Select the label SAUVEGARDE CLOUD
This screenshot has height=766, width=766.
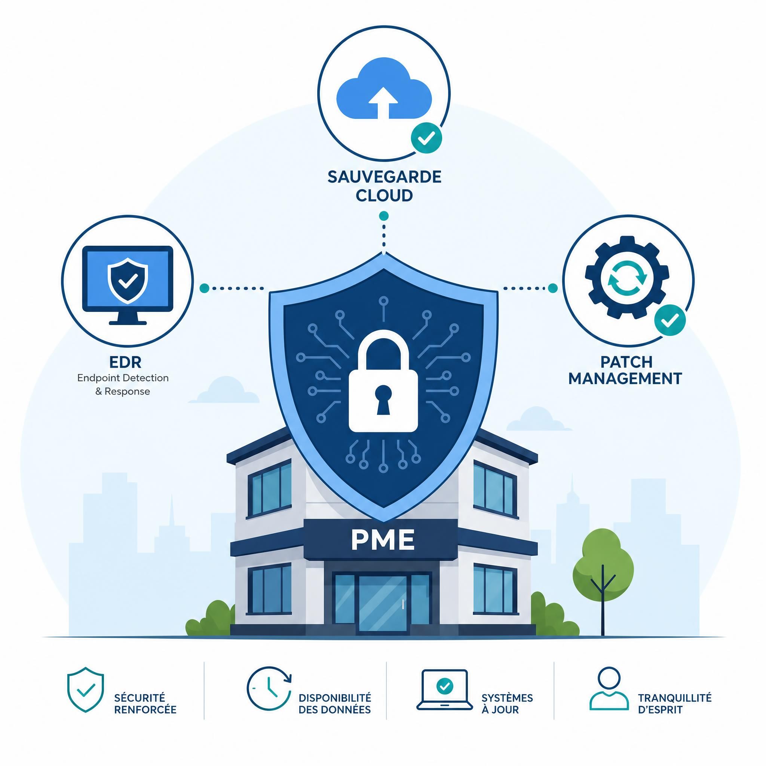(x=384, y=186)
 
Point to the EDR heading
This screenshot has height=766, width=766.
(x=125, y=362)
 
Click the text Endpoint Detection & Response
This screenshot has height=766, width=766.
(x=123, y=384)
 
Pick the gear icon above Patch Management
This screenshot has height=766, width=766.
(x=627, y=278)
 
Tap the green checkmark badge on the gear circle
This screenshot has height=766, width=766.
(x=670, y=320)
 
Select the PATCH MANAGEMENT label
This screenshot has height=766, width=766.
(x=625, y=370)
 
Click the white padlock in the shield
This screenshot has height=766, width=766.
(x=383, y=380)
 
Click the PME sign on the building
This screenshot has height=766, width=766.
(x=383, y=540)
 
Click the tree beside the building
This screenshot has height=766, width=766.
(x=603, y=582)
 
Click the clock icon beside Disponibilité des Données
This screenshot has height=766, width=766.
(x=269, y=689)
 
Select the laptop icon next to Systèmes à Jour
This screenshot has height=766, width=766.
(x=444, y=690)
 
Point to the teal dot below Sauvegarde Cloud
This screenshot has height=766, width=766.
(x=383, y=216)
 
